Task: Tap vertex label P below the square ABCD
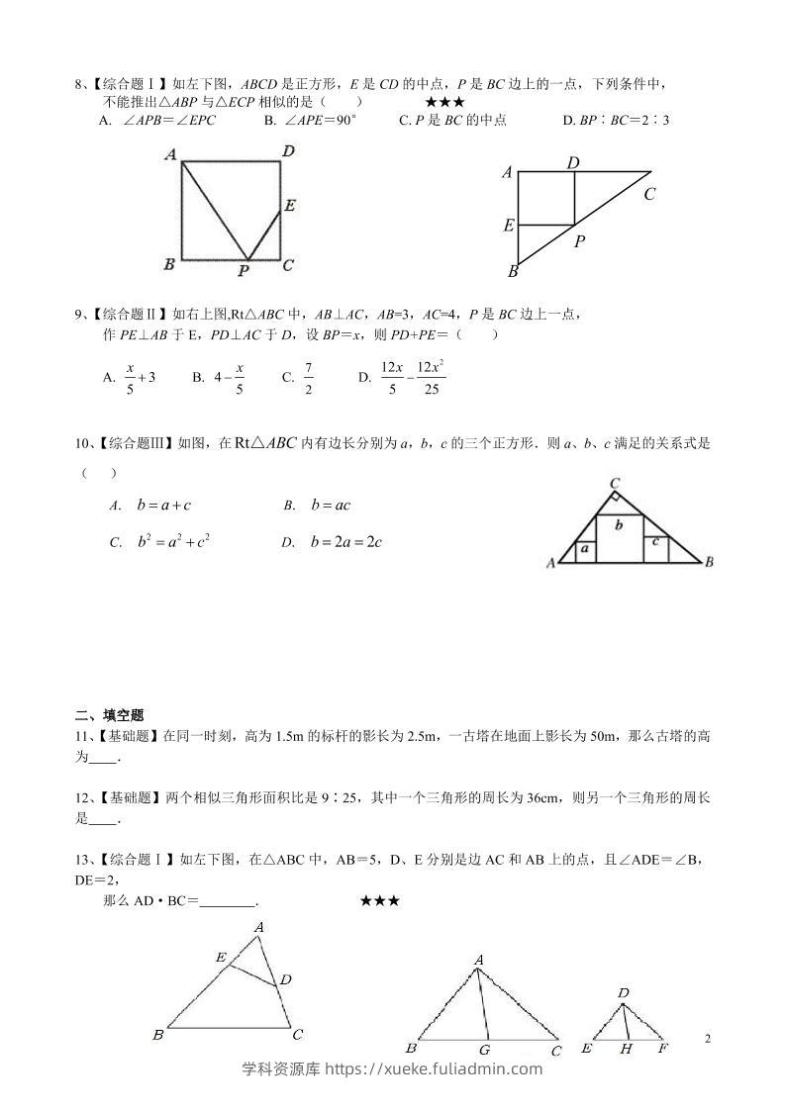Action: pos(244,269)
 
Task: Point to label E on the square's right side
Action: pos(289,206)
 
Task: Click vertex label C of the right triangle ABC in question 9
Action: pos(649,194)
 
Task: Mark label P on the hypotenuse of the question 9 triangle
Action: pos(580,240)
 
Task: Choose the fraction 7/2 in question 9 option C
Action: pos(309,376)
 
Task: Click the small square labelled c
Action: pos(656,543)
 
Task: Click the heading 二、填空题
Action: pos(110,715)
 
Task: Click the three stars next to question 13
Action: pos(380,901)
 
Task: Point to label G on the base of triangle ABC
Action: pos(484,1050)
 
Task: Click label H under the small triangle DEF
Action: pos(626,1049)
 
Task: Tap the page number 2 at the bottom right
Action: pos(708,1038)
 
